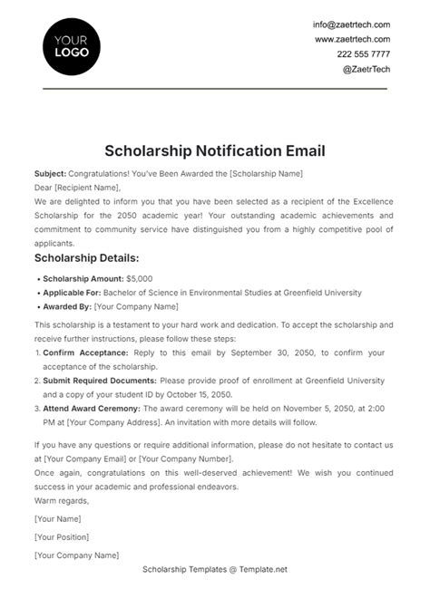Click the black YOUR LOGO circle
click(72, 46)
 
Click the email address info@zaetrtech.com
click(351, 24)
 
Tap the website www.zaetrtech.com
click(352, 40)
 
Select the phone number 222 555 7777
click(363, 54)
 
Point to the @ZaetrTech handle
click(366, 69)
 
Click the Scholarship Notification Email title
click(214, 150)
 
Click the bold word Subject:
click(51, 173)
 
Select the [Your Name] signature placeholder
click(57, 519)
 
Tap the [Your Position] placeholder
click(63, 536)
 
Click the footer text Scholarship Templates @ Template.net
click(214, 569)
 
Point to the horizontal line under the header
click(214, 90)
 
